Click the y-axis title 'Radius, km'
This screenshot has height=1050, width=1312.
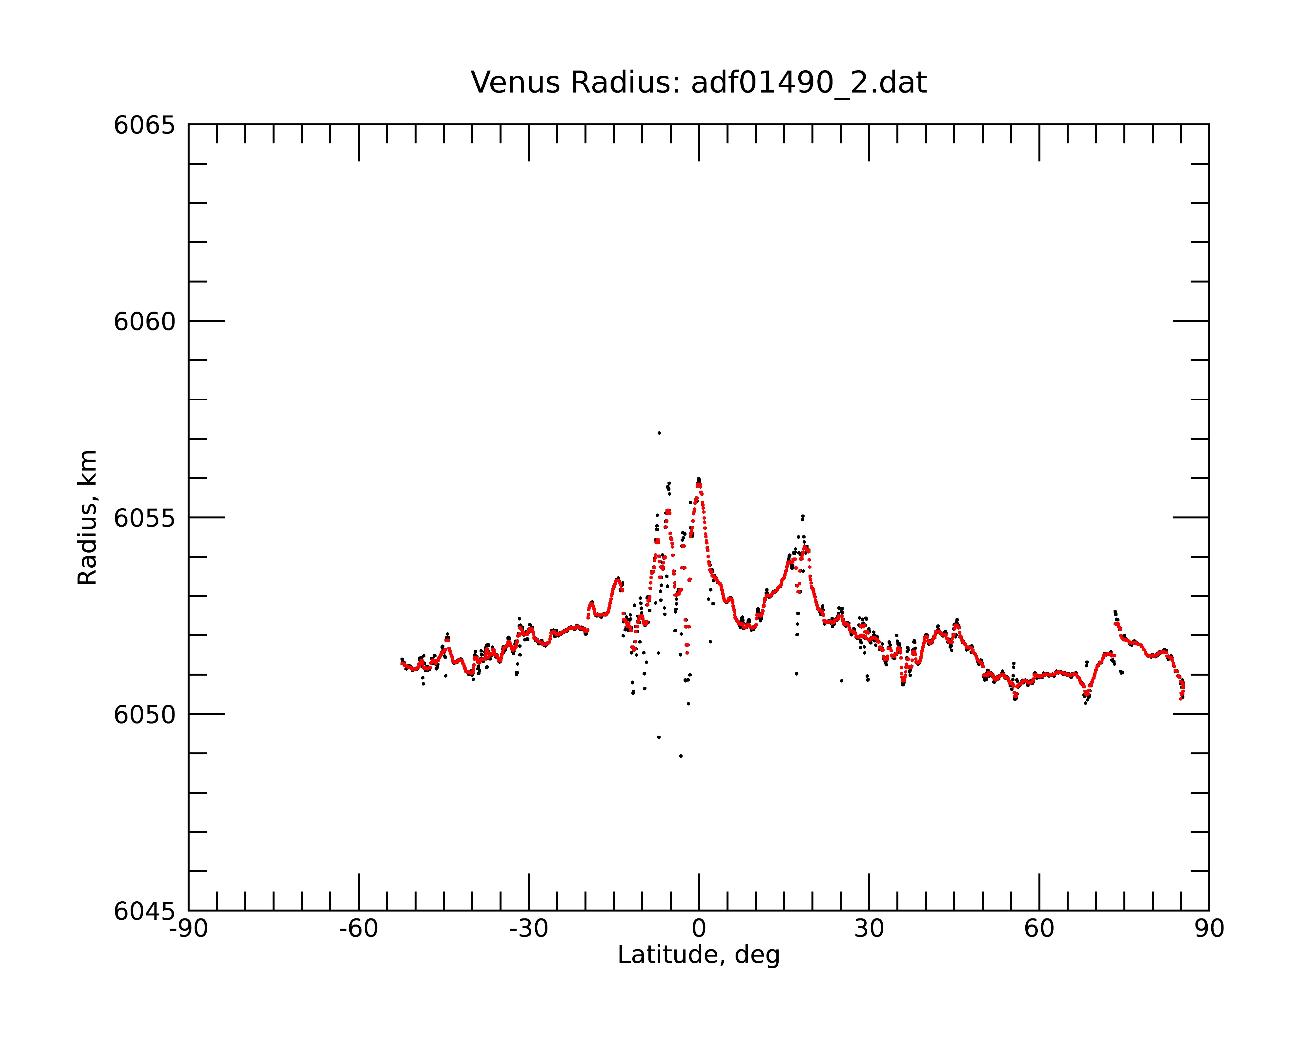point(87,517)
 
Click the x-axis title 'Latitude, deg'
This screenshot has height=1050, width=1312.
point(699,955)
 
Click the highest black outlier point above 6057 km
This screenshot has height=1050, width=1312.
point(659,433)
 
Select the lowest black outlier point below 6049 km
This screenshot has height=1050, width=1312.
point(681,756)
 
